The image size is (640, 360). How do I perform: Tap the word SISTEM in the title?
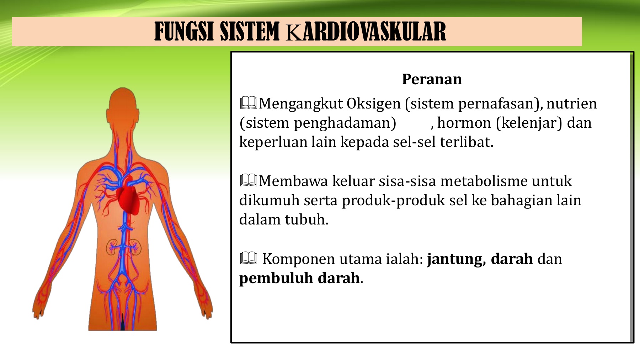tap(250, 32)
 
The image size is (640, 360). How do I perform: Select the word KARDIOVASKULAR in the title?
tap(366, 32)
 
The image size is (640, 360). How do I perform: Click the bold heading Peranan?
tap(432, 79)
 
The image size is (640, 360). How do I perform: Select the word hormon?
tap(464, 123)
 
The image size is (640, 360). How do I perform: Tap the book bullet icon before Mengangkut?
tap(249, 103)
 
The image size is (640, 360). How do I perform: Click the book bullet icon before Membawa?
tap(249, 180)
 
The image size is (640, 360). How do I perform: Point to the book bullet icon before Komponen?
tap(249, 258)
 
